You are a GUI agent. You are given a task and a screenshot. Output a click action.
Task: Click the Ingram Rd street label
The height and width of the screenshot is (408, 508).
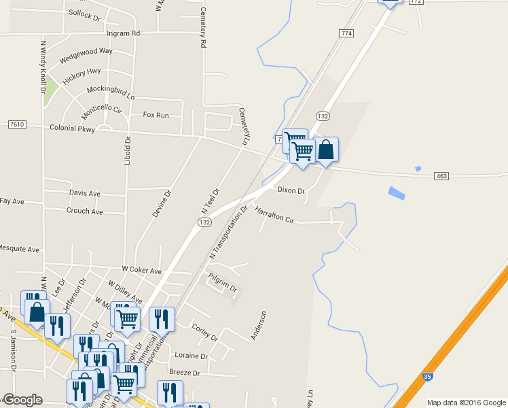click(x=123, y=33)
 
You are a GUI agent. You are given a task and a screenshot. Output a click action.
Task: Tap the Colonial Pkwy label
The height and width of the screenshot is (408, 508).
click(x=72, y=128)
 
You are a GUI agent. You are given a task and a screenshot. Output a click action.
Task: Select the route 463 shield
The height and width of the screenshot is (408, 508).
click(x=441, y=176)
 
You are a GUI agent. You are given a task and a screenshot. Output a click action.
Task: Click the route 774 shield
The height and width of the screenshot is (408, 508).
click(x=346, y=33)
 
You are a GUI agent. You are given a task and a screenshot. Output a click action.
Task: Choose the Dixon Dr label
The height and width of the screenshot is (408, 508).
click(x=291, y=190)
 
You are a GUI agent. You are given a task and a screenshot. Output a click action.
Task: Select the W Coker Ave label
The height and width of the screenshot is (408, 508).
click(x=141, y=271)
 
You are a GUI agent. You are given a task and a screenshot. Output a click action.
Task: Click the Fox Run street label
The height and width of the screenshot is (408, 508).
click(x=156, y=115)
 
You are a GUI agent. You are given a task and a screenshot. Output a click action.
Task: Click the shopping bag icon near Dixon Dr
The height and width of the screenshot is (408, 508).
click(x=326, y=150)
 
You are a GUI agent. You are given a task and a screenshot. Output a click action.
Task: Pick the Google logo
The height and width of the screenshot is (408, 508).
click(x=22, y=400)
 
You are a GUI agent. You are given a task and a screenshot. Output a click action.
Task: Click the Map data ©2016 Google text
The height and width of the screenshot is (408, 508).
click(x=467, y=403)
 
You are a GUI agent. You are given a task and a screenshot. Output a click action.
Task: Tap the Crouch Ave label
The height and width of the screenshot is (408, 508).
click(x=84, y=211)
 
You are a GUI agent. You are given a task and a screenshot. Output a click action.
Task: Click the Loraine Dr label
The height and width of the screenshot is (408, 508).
click(x=191, y=356)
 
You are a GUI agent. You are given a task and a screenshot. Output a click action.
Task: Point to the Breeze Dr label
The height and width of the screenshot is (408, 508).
click(x=184, y=373)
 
